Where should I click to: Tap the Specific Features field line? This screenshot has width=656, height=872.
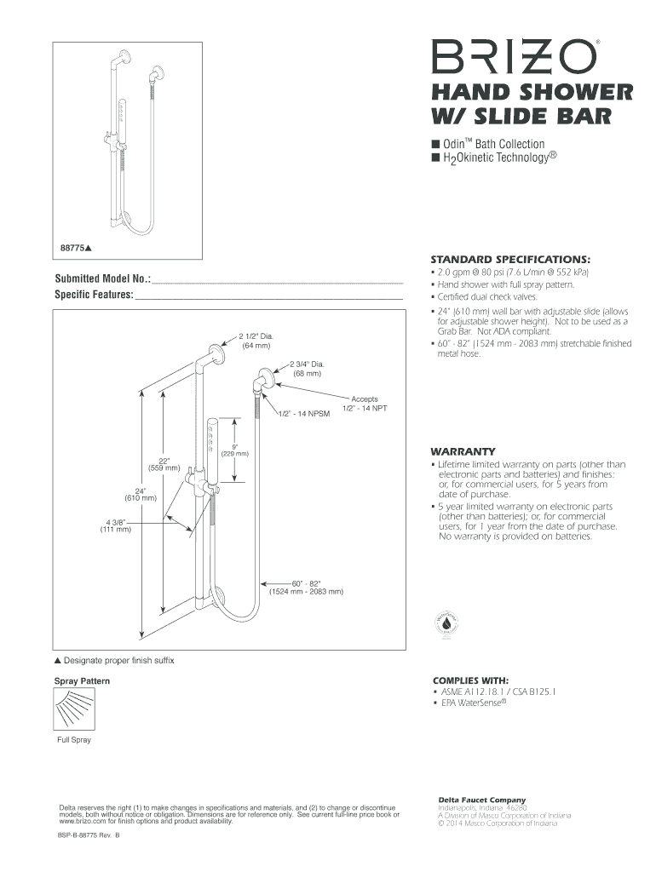click(x=268, y=295)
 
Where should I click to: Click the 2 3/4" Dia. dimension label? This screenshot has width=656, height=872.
click(x=307, y=368)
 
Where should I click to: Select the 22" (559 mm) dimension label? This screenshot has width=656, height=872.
click(x=164, y=463)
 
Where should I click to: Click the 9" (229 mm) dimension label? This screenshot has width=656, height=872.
click(x=234, y=449)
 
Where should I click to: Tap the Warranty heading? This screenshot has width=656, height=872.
click(x=464, y=450)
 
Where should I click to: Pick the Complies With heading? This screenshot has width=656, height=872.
click(x=471, y=680)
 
